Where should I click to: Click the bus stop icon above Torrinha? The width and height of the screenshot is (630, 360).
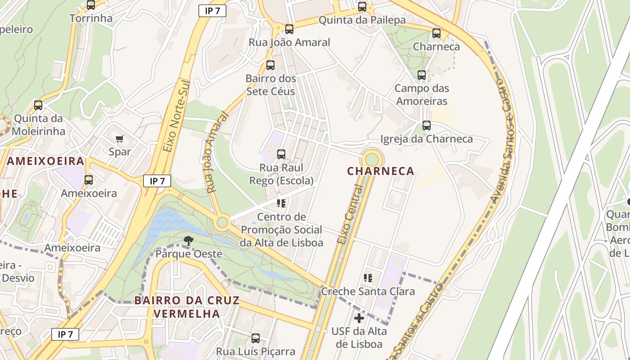coord(91,5)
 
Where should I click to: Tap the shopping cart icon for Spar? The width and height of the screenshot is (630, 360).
coord(119,139)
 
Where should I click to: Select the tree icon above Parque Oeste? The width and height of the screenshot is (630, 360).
coord(189,241)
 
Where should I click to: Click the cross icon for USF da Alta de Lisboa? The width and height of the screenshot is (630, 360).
coord(359,319)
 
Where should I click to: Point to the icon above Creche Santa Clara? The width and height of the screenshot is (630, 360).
coord(368,278)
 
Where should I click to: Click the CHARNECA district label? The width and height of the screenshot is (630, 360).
coord(380,171)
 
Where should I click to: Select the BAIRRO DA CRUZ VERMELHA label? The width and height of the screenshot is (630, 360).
coord(187,307)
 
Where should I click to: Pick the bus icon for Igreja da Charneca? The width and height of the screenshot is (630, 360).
coord(426,126)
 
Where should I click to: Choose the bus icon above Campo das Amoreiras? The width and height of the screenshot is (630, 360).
coord(421,75)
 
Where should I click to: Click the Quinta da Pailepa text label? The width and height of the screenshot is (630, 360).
coord(362,20)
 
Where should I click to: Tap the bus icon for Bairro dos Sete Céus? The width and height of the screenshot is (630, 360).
coord(270,65)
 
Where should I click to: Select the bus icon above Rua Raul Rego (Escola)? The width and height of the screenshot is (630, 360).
coord(281,154)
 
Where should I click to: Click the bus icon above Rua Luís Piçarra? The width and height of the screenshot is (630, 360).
coord(256,338)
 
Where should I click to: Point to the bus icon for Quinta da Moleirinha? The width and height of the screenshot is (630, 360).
coord(38,105)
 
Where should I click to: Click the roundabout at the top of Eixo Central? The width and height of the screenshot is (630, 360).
coord(372,159)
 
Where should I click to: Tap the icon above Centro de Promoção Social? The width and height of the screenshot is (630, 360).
coord(281,203)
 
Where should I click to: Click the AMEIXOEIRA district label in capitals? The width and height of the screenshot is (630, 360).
coord(45,161)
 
